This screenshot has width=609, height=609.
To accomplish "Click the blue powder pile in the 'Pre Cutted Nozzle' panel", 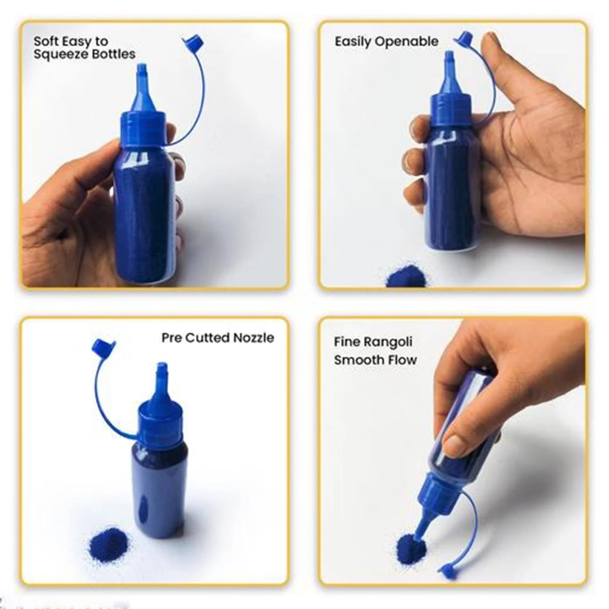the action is [x=108, y=543].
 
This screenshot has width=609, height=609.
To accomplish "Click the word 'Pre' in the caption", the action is [x=172, y=338].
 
